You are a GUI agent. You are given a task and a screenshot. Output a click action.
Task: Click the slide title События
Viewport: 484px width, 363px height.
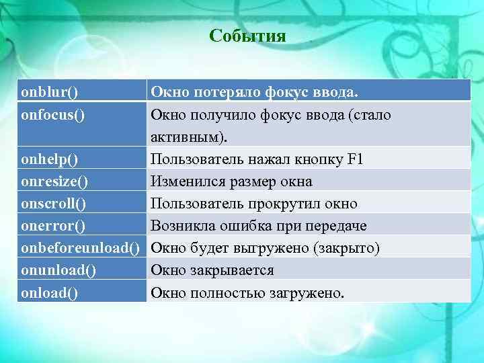tap(247, 36)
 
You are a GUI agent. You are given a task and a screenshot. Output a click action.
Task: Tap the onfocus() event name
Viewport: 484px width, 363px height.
tap(53, 115)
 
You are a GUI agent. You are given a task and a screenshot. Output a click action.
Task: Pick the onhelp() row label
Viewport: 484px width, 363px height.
tap(50, 159)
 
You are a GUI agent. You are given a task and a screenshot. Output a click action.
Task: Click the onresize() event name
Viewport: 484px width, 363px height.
tap(55, 182)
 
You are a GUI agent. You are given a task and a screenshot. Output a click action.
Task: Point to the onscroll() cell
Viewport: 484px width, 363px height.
tap(54, 204)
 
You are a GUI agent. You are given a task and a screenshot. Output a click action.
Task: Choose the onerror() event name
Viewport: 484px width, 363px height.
tap(52, 226)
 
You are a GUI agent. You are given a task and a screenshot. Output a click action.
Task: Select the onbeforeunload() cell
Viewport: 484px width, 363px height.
tap(80, 248)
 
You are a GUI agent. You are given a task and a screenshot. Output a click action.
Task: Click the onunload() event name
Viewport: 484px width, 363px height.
tap(58, 270)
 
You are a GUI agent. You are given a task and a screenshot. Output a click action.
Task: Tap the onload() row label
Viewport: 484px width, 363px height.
tap(50, 292)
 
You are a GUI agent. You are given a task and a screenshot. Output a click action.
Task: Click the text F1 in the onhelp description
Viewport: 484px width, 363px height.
tap(355, 159)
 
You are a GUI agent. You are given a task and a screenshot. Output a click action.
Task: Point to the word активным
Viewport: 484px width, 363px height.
tap(187, 137)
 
